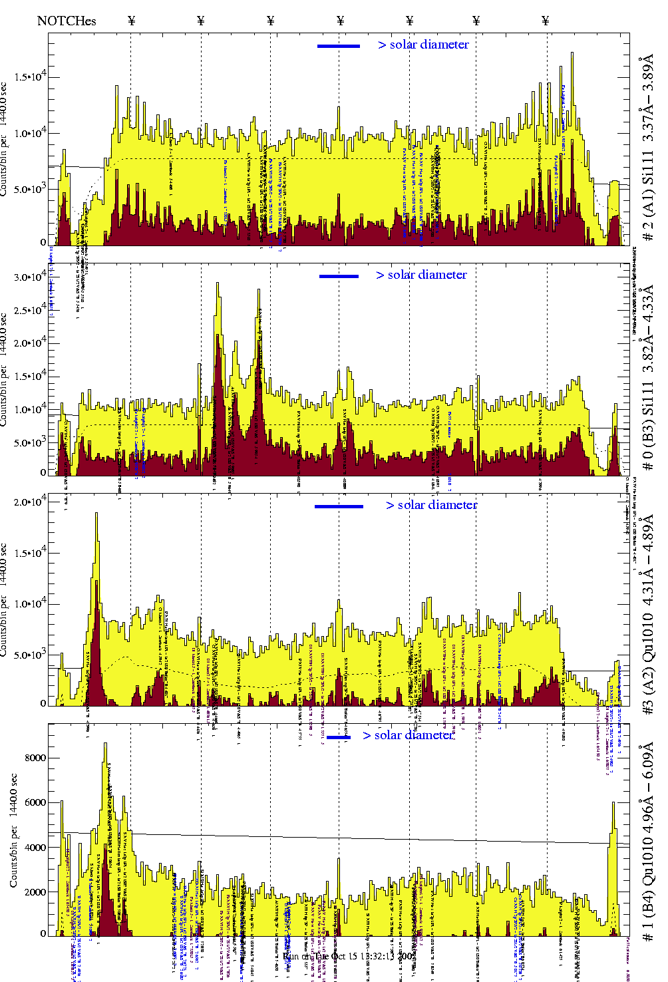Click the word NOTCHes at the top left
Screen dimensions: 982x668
tap(67, 21)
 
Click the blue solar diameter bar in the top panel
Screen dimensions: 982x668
tap(339, 46)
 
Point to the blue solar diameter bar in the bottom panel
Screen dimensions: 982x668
tap(339, 737)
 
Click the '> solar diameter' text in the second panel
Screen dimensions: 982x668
tap(421, 275)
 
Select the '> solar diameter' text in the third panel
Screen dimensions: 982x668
tap(431, 505)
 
